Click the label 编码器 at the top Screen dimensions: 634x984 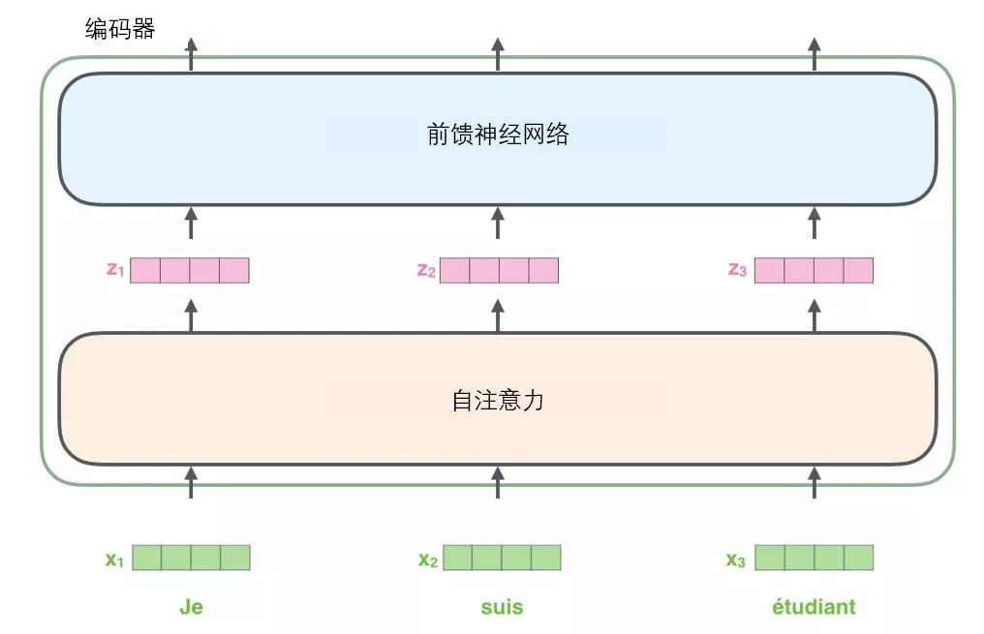[x=120, y=29]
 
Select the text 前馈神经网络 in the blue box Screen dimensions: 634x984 [x=497, y=135]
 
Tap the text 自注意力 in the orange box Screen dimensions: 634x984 [x=497, y=399]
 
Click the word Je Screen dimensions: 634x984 [x=191, y=607]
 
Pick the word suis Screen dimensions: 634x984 [x=502, y=607]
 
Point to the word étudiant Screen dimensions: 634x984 [x=814, y=607]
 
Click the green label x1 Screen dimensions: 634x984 [x=115, y=559]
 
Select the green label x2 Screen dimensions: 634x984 [x=427, y=559]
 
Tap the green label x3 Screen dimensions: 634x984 [x=737, y=559]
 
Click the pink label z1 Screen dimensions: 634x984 [x=115, y=270]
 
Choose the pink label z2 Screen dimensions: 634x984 [x=425, y=270]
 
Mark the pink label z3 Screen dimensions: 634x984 [x=737, y=270]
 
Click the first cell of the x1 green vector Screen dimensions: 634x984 [x=147, y=558]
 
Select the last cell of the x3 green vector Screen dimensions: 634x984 [x=858, y=558]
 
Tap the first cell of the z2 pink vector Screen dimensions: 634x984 [x=454, y=270]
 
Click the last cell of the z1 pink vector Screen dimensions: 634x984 [x=234, y=270]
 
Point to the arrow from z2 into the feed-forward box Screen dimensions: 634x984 [x=498, y=223]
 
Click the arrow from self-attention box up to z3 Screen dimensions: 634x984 [x=814, y=316]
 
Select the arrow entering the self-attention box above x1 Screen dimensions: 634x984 [x=191, y=482]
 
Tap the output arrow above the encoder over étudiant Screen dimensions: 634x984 [x=814, y=54]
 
